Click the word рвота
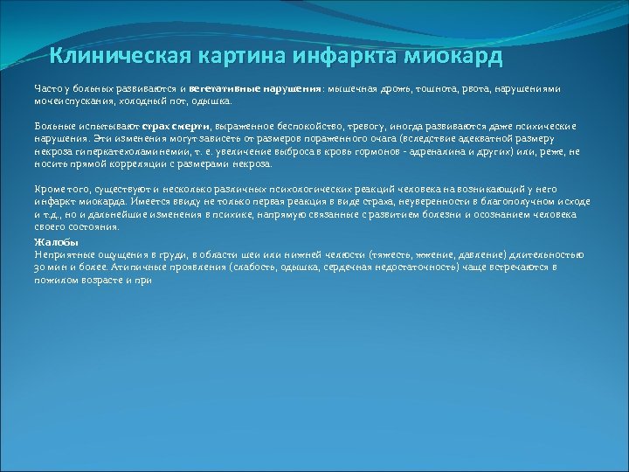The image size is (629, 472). tap(481, 89)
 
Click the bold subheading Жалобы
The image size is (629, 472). tap(56, 241)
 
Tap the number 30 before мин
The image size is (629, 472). tap(41, 267)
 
